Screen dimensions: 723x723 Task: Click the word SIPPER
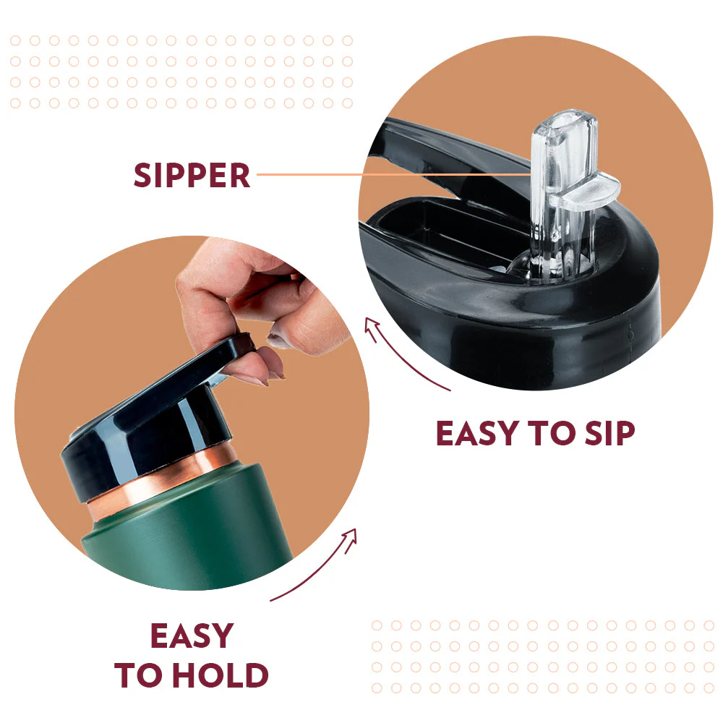point(192,175)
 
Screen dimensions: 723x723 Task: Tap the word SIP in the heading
point(609,433)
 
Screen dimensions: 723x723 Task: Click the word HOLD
point(223,675)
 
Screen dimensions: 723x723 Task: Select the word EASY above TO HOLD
point(192,636)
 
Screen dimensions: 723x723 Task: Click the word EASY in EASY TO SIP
point(478,433)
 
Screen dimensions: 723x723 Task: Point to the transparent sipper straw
point(563,194)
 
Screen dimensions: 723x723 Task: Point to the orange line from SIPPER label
point(394,175)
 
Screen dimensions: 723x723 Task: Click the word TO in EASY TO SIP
point(552,433)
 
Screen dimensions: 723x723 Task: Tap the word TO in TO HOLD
point(142,675)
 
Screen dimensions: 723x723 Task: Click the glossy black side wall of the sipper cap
point(530,341)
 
